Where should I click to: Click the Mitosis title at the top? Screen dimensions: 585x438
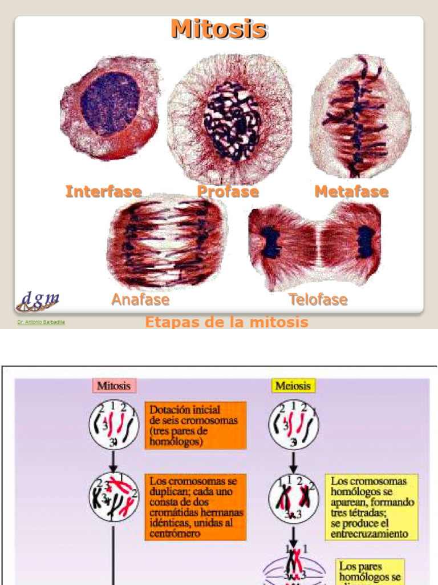coord(219,29)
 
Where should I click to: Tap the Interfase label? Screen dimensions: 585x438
coord(103,191)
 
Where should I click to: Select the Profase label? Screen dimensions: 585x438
coord(228,191)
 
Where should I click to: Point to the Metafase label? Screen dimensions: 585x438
coord(351,191)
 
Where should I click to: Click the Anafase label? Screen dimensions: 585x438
coord(140,299)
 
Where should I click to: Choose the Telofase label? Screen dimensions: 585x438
coord(318,299)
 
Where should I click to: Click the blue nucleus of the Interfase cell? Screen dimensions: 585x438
coord(110,103)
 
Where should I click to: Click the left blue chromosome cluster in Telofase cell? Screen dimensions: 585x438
coord(271,243)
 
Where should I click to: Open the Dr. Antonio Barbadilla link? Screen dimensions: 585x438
coord(41,322)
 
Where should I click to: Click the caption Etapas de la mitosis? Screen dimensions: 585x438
coord(226,322)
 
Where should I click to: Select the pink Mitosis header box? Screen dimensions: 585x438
coord(114,386)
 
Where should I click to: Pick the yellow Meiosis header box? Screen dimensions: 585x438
coord(293,386)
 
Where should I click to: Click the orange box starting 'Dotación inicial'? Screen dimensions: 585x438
coord(195,425)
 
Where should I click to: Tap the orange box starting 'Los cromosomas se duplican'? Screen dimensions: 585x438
coord(195,507)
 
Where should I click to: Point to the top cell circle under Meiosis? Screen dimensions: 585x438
coord(294,424)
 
